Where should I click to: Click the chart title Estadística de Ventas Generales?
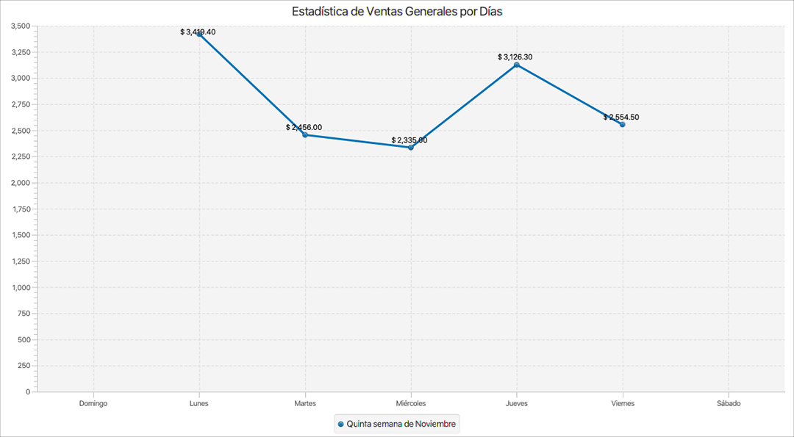pos(397,12)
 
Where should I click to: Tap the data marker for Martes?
pos(305,135)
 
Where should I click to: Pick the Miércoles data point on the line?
pos(411,148)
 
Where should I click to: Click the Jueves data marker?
pos(517,65)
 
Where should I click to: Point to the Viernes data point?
pos(622,125)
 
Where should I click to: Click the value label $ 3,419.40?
pos(198,32)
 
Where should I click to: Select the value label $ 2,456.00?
pos(304,127)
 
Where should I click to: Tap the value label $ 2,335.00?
pos(409,140)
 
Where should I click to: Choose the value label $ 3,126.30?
pos(515,57)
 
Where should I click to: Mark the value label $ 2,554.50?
pos(621,117)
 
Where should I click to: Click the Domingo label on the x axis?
pos(93,403)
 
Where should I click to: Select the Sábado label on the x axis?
pos(729,403)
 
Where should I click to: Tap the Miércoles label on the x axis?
pos(411,403)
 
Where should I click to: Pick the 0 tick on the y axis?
pos(28,391)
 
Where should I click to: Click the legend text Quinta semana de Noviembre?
pos(401,424)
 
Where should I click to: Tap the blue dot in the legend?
pos(340,425)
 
